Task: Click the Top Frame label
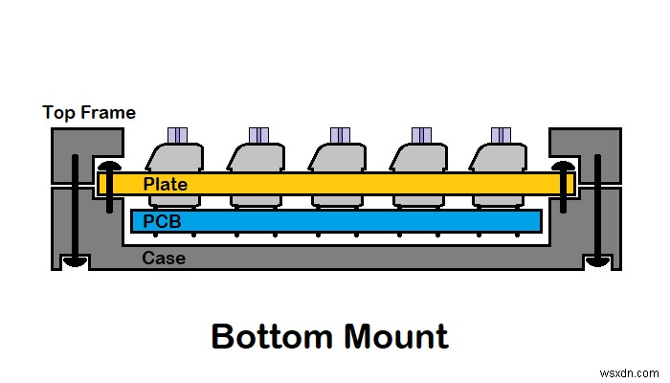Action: click(89, 113)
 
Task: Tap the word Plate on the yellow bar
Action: click(166, 184)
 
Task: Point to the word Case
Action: click(164, 258)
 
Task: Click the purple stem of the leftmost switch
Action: click(177, 135)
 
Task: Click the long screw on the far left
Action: click(73, 211)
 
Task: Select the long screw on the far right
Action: click(598, 211)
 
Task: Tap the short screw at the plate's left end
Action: click(106, 188)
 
